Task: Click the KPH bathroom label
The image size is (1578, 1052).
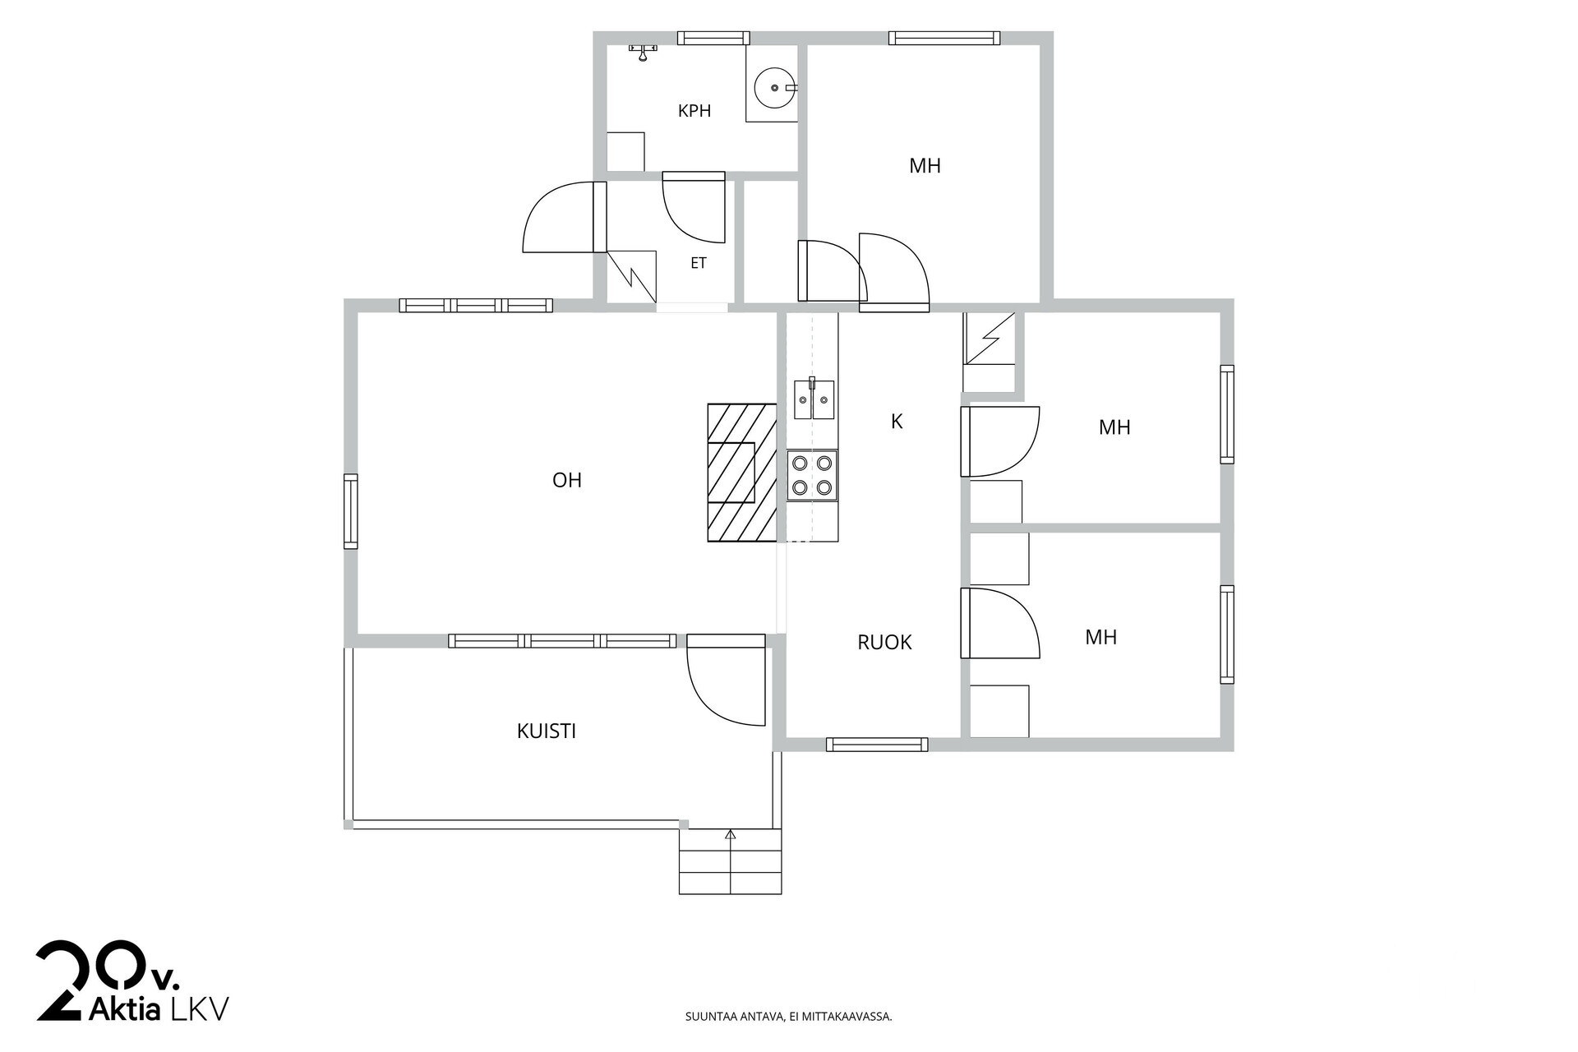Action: pos(694,111)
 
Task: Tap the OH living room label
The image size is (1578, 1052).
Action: pos(567,480)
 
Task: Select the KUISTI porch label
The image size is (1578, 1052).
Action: pos(547,731)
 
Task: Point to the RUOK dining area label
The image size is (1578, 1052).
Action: pos(884,642)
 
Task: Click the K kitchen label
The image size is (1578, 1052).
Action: pos(897,422)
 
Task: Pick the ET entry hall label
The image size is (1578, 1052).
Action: pos(699,263)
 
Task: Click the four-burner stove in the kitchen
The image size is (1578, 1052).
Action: pos(812,476)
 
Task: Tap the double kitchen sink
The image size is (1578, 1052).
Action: pos(814,399)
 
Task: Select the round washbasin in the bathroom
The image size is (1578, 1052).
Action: pos(775,88)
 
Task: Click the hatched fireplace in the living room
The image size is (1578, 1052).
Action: pos(742,473)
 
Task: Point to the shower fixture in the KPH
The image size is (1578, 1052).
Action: pos(643,52)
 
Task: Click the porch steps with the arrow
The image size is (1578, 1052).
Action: pos(730,861)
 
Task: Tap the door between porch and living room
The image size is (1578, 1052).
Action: pos(727,680)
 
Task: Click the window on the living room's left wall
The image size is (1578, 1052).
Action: pos(351,511)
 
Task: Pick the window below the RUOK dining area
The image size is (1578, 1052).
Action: pos(877,745)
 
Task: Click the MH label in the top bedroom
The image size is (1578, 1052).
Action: pos(925,166)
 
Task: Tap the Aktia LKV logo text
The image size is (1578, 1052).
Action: pos(158,1008)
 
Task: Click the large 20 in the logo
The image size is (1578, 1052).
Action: pos(90,980)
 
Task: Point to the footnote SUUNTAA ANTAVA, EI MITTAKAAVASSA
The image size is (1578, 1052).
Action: pos(789,1017)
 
